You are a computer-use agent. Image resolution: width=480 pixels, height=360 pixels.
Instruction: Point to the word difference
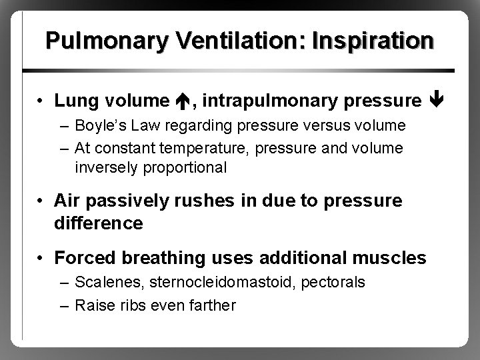(98, 223)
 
